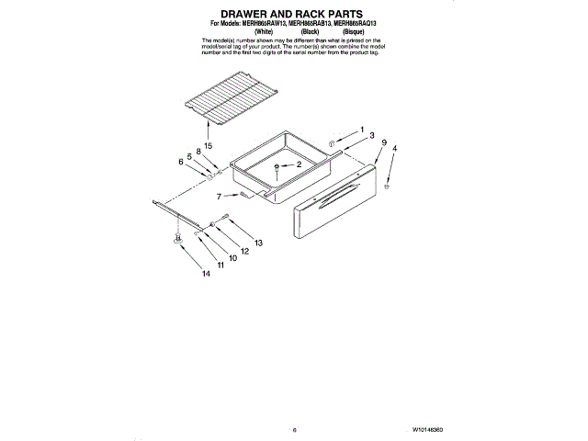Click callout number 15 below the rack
tap(209, 146)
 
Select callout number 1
tap(361, 129)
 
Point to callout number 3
tap(372, 135)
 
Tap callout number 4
tap(395, 148)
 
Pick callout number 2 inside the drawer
tap(298, 164)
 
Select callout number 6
tap(180, 162)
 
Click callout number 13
tap(258, 243)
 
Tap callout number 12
tap(244, 251)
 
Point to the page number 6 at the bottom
tap(295, 429)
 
